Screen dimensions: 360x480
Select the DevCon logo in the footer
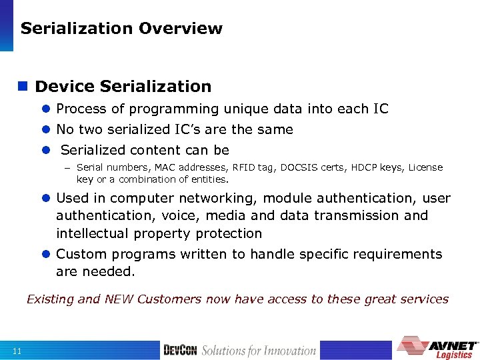pyautogui.click(x=180, y=350)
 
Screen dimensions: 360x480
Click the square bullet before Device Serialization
pyautogui.click(x=23, y=87)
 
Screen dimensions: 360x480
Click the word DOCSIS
pyautogui.click(x=299, y=167)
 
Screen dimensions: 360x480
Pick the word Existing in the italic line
pyautogui.click(x=50, y=299)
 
